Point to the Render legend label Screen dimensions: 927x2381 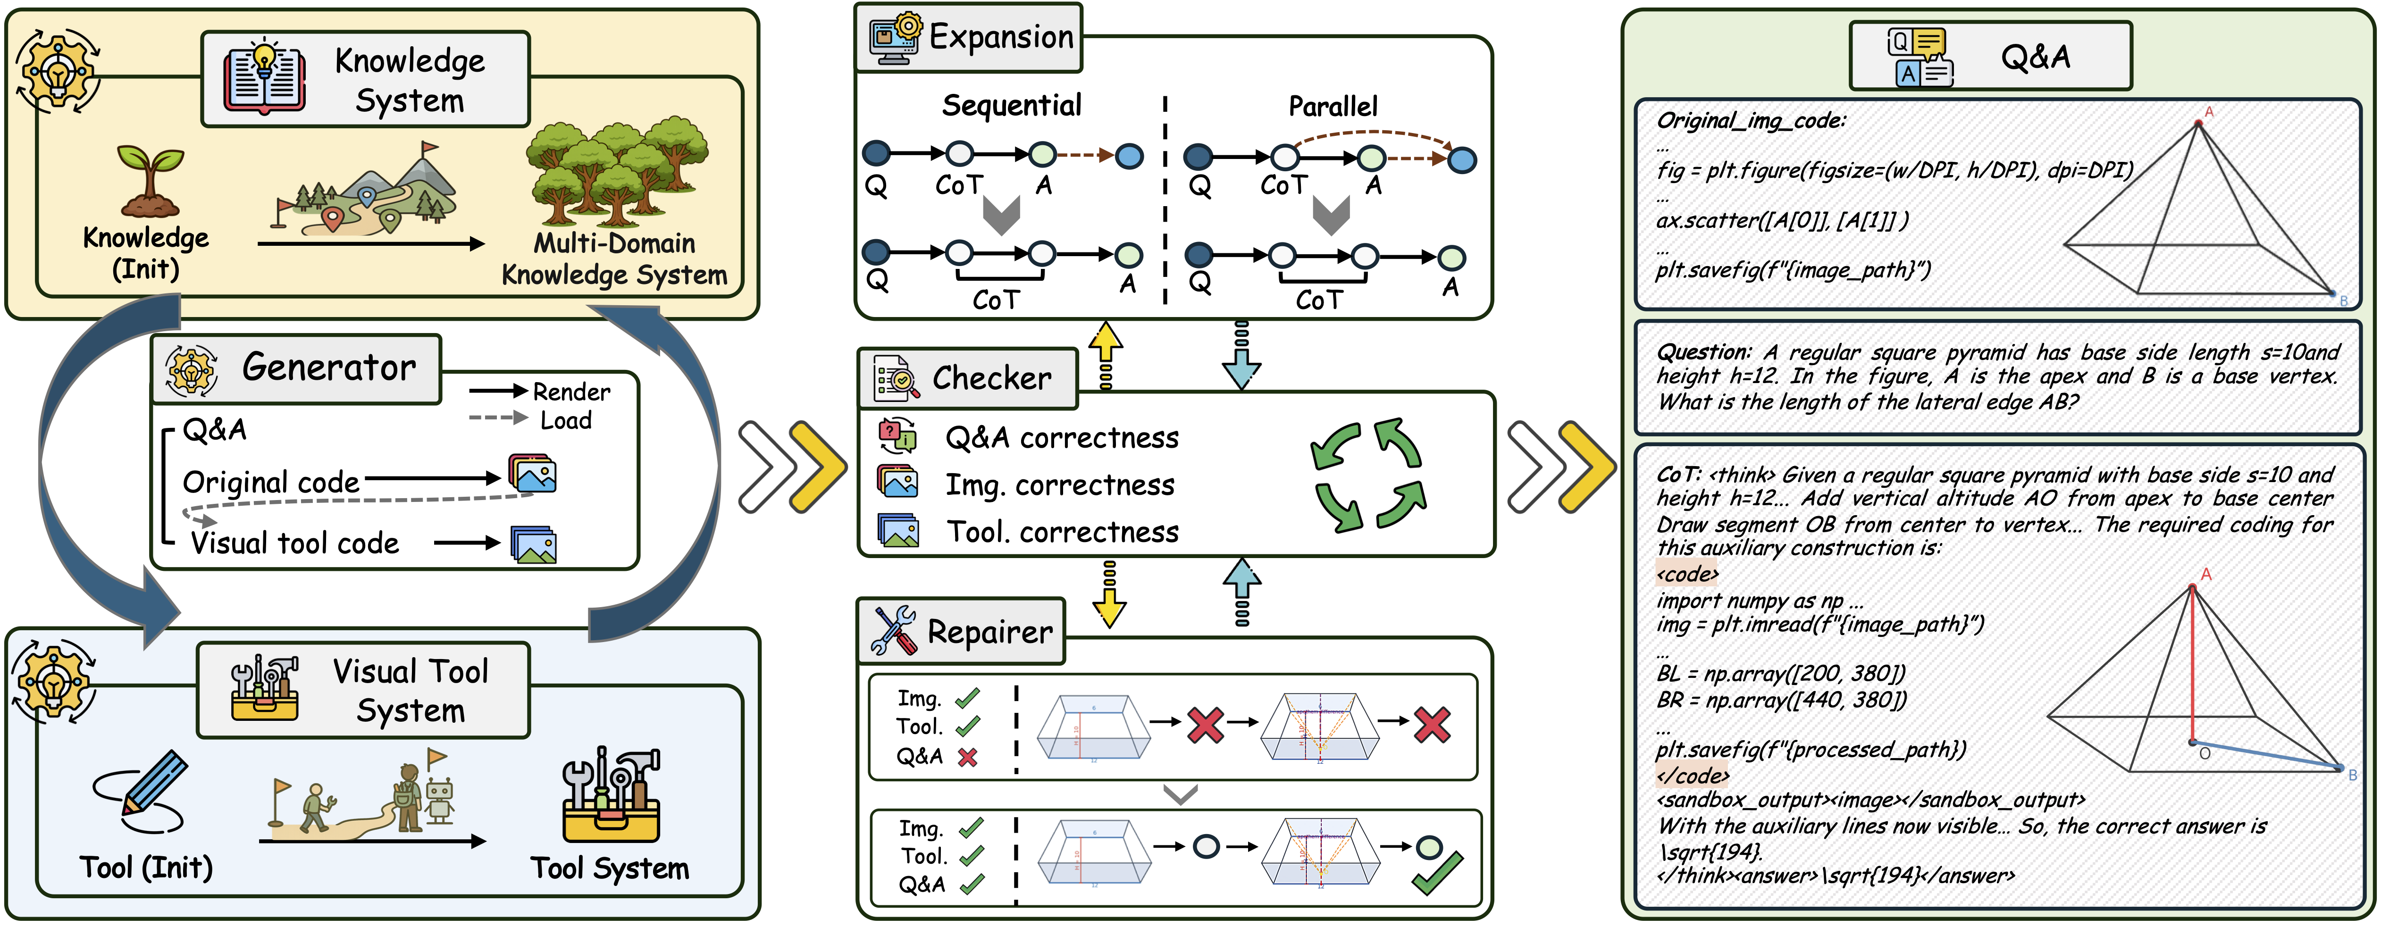(571, 392)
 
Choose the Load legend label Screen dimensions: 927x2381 (566, 420)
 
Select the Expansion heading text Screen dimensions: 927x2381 (1001, 37)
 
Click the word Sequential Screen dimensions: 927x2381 (1011, 105)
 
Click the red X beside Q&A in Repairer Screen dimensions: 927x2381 (967, 758)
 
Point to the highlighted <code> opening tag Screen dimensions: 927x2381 (1687, 574)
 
